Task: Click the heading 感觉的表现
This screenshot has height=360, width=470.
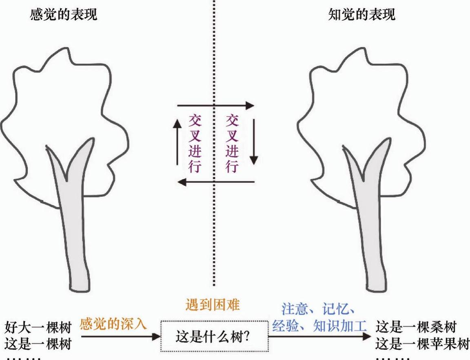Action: pos(64,16)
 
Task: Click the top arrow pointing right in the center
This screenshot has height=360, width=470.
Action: pos(215,106)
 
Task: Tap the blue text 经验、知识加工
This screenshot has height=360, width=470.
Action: pos(319,326)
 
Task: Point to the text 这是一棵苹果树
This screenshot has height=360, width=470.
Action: pos(422,345)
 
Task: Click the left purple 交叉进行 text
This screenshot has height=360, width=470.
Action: pos(195,143)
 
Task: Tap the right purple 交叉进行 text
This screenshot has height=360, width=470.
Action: pos(232,143)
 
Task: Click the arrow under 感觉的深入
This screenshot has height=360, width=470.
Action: pos(120,337)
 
